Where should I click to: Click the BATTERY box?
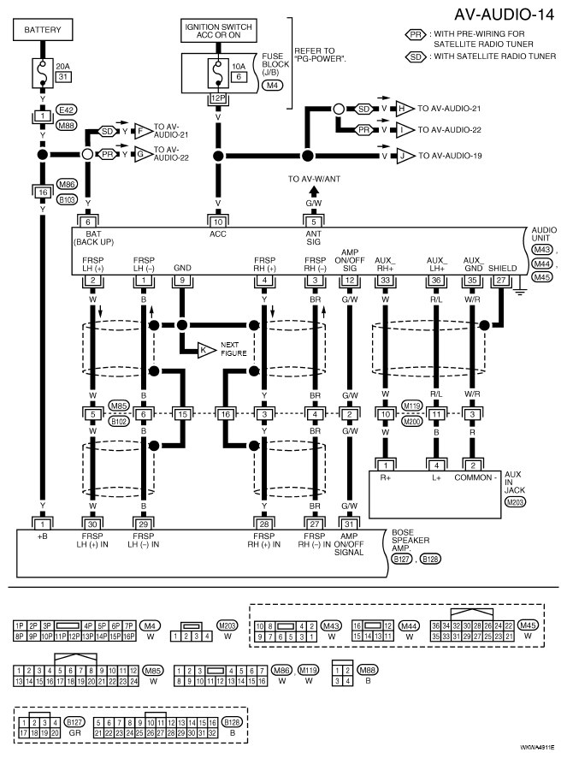[43, 29]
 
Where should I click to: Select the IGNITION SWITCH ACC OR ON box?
[218, 31]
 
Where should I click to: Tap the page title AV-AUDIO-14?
[504, 15]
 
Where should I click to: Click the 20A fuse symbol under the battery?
[43, 73]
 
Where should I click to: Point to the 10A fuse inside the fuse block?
[218, 73]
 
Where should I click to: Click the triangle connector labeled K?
[206, 350]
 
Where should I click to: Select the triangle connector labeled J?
[405, 156]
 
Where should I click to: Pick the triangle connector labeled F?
[143, 131]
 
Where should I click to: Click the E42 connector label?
[66, 110]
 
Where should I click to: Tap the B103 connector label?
[67, 198]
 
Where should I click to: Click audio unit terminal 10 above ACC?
[218, 222]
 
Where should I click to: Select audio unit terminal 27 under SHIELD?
[501, 280]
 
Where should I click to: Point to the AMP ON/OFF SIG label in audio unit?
[350, 260]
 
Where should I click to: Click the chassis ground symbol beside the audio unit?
[519, 289]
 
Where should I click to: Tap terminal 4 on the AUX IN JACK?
[436, 465]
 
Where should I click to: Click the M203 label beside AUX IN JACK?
[515, 502]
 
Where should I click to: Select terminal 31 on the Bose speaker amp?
[349, 524]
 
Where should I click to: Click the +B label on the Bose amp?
[43, 536]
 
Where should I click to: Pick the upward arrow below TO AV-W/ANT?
[314, 192]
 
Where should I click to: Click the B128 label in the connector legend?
[232, 722]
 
